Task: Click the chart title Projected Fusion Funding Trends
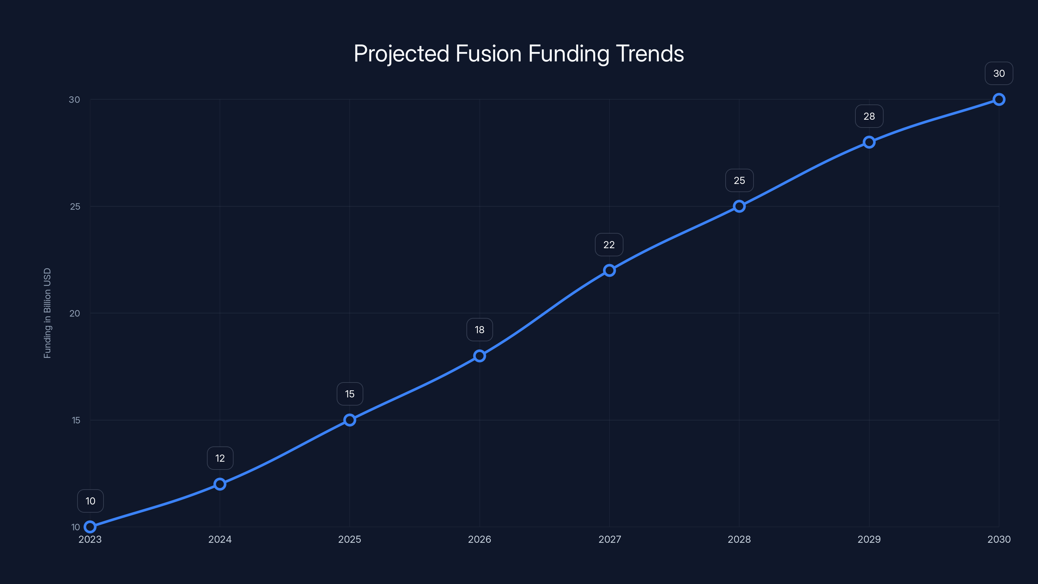519,54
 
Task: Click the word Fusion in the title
489,54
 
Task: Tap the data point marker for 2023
90,527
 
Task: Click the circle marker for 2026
479,356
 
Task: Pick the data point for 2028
739,206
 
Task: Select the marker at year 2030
999,100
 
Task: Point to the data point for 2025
350,420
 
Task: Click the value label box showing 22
609,245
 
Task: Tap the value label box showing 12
220,458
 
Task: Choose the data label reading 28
869,116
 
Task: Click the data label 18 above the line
479,330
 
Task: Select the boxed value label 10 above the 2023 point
90,501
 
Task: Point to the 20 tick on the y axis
75,313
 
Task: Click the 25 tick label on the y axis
75,207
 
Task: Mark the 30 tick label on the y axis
75,100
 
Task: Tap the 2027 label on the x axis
609,539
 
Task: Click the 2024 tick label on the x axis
220,539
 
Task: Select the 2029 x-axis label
869,539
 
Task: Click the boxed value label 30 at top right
999,73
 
